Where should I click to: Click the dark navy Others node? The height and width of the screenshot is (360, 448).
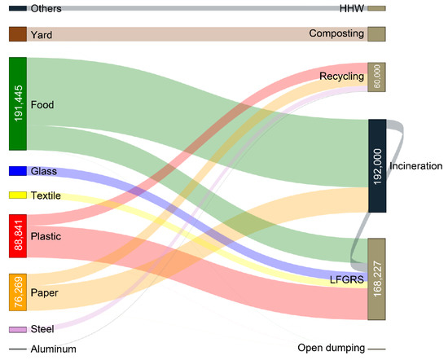pos(18,8)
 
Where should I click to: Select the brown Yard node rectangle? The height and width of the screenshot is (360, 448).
pos(18,34)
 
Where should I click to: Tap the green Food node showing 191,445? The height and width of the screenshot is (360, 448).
pos(18,103)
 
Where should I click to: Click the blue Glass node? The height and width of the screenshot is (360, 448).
pos(18,171)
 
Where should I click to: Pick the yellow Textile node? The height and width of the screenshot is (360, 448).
pos(18,195)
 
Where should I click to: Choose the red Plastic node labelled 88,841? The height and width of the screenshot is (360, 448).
pos(18,236)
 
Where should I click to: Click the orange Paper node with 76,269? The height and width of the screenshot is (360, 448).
pos(18,292)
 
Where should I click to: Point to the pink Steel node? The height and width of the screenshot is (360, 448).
pos(18,330)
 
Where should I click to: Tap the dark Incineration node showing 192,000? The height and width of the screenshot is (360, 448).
pos(376,166)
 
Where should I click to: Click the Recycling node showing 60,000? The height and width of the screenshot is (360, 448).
pos(376,77)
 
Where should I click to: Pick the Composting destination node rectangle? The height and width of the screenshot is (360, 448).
pos(376,34)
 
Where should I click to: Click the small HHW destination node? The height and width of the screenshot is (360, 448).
pos(376,8)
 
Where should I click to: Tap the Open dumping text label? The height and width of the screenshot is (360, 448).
pos(332,349)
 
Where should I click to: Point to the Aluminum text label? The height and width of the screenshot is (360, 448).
pos(53,349)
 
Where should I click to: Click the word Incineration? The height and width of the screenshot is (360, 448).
pos(415,166)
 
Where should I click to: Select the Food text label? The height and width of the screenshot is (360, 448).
pos(42,104)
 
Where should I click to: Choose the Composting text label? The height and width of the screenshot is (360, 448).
pos(336,34)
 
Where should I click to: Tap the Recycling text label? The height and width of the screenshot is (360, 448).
pos(341,77)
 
